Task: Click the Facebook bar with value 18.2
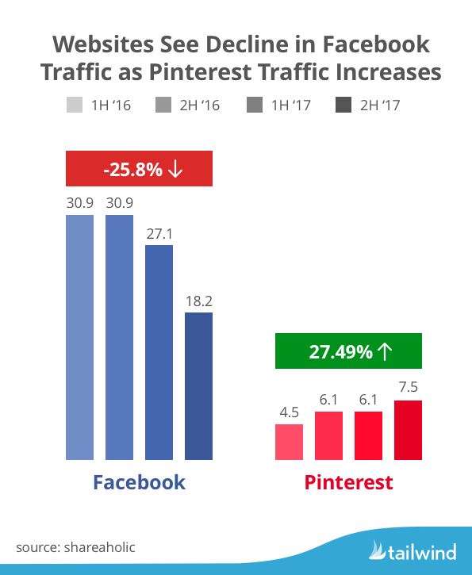(x=198, y=385)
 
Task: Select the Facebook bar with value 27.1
(x=159, y=352)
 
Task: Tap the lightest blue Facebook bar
(x=79, y=337)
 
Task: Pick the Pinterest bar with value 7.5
(x=409, y=430)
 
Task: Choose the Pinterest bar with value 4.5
(x=289, y=442)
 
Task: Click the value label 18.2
(x=198, y=301)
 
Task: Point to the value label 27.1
(x=159, y=235)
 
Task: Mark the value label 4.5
(x=289, y=413)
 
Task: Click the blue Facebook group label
(x=139, y=482)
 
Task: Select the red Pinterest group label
(x=349, y=482)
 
